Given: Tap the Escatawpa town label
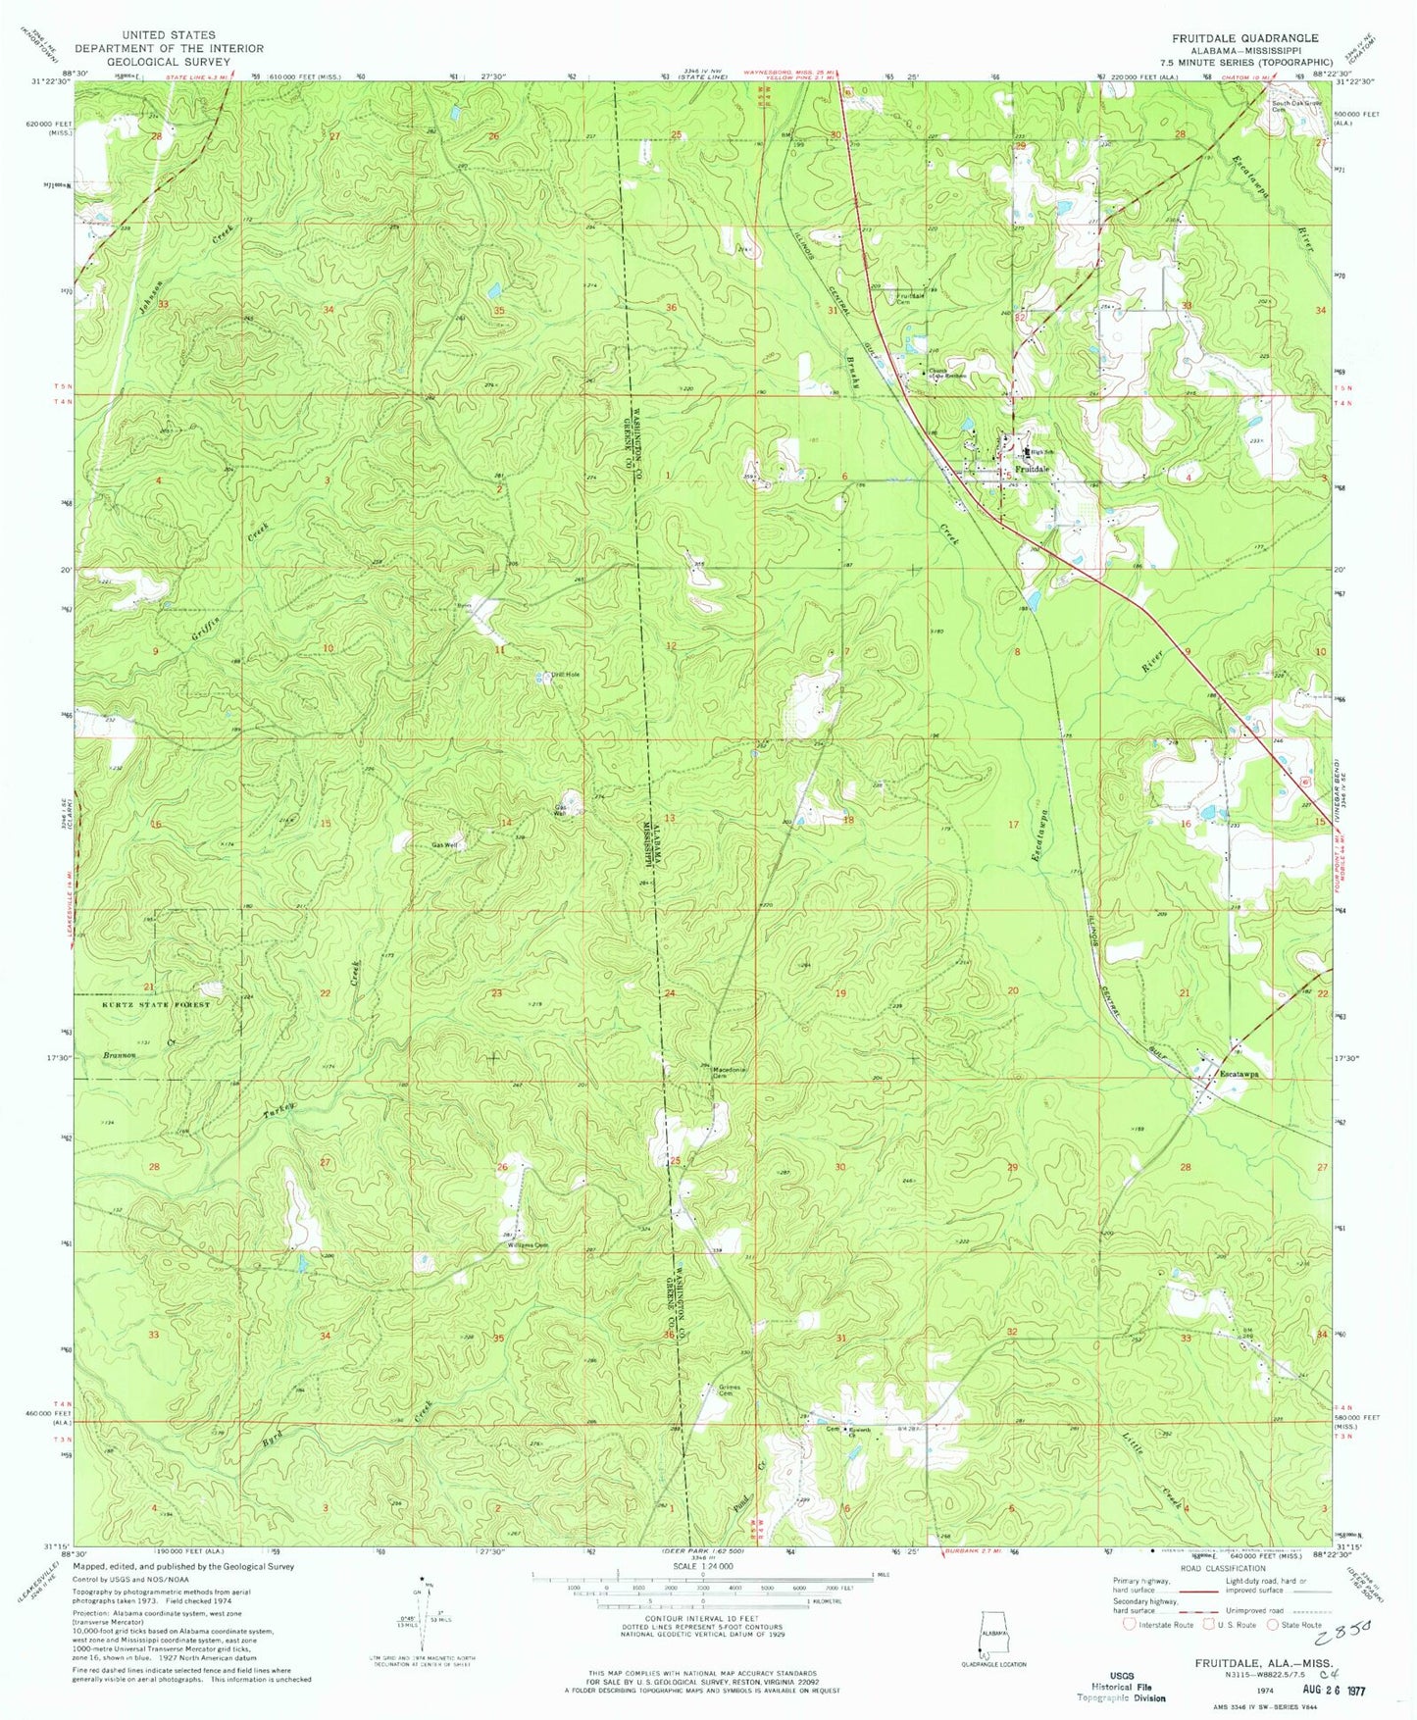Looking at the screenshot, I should click(x=1238, y=1073).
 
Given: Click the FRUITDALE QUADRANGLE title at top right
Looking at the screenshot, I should click(x=1244, y=37).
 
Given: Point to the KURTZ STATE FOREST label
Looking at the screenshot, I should click(x=155, y=1005).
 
